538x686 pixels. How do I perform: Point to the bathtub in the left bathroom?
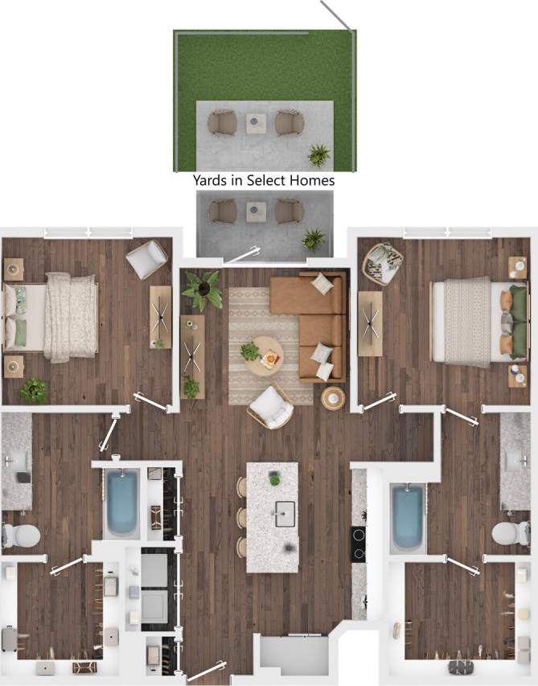tap(121, 503)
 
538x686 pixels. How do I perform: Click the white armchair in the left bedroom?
tap(146, 259)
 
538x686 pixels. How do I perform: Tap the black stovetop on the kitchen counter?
tap(359, 544)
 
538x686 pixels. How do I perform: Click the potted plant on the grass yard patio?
tap(319, 154)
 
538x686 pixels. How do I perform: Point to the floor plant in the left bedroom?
tap(34, 389)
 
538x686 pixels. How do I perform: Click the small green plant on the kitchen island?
tap(274, 479)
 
